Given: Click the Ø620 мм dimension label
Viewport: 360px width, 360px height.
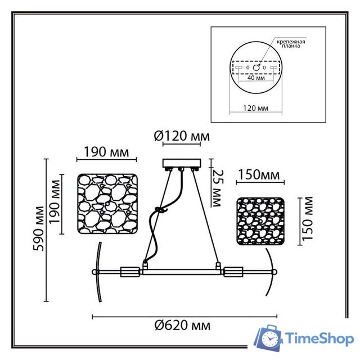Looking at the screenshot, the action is pos(182,326).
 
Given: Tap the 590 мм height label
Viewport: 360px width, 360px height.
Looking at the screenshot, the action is pos(38,228).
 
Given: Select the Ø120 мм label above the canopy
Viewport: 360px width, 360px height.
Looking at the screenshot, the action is pos(182,136).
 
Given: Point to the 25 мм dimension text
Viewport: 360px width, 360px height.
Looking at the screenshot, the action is pos(217,188).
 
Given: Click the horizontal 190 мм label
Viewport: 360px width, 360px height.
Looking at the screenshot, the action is pos(106,152).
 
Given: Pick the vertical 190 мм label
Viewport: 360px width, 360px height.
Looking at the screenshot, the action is pos(55,201).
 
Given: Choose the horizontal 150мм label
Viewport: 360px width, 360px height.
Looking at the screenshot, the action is pos(259,175).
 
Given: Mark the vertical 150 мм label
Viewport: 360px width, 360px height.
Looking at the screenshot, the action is pos(307,219).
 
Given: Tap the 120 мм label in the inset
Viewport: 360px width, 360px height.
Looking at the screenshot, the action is pos(255,108).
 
